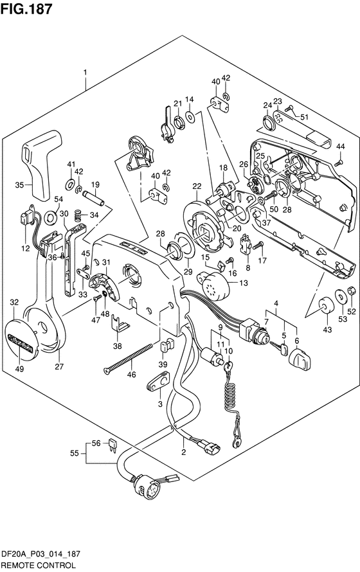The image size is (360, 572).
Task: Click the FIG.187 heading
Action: (26, 9)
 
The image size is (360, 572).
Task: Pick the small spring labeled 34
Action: (78, 215)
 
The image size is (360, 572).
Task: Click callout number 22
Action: (197, 186)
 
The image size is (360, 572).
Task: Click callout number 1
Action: (85, 72)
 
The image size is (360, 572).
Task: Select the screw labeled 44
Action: (338, 162)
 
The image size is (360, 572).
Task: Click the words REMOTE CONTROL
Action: (38, 565)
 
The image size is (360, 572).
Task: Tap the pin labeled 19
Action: (94, 199)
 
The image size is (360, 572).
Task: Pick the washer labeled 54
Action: (50, 218)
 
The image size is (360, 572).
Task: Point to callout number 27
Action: (59, 367)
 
